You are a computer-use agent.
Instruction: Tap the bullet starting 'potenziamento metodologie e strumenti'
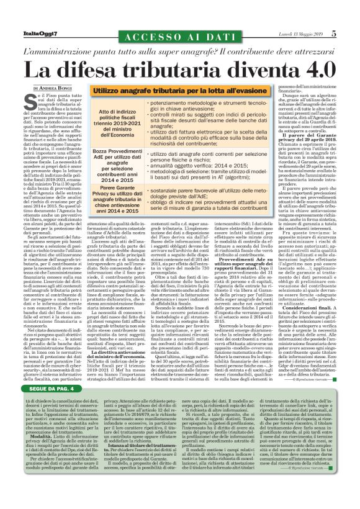(x=199, y=104)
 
